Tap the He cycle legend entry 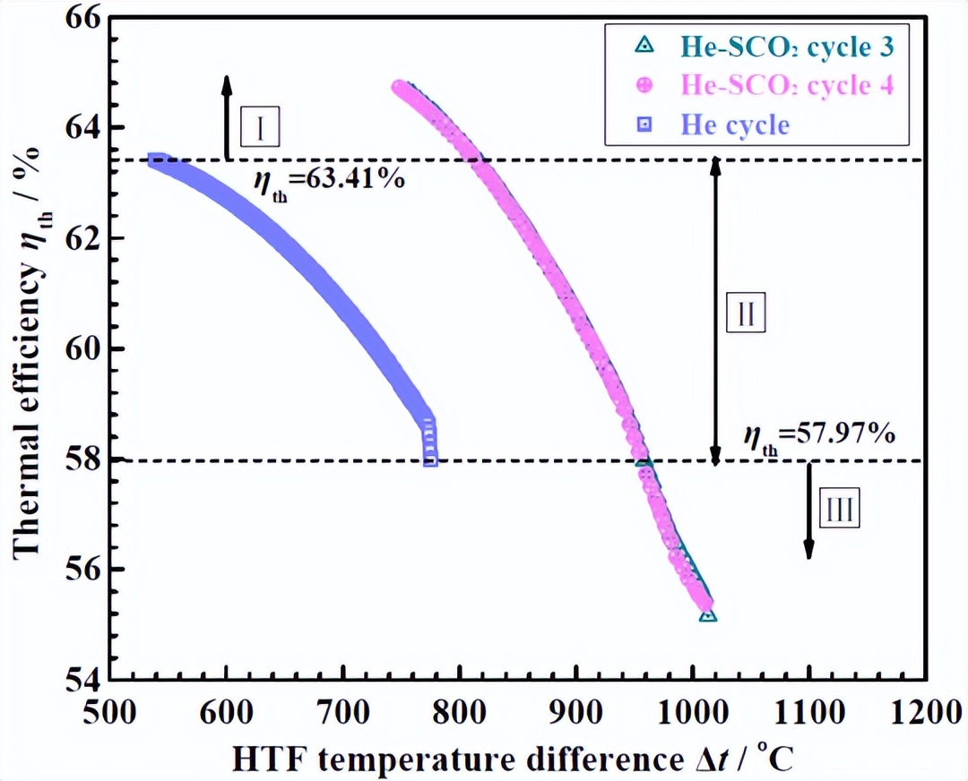click(x=735, y=124)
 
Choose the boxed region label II click(x=746, y=313)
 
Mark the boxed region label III click(x=839, y=511)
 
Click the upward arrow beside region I click(x=227, y=116)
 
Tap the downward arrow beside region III click(x=808, y=511)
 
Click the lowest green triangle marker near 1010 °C click(x=708, y=614)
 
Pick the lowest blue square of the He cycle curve click(x=430, y=459)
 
